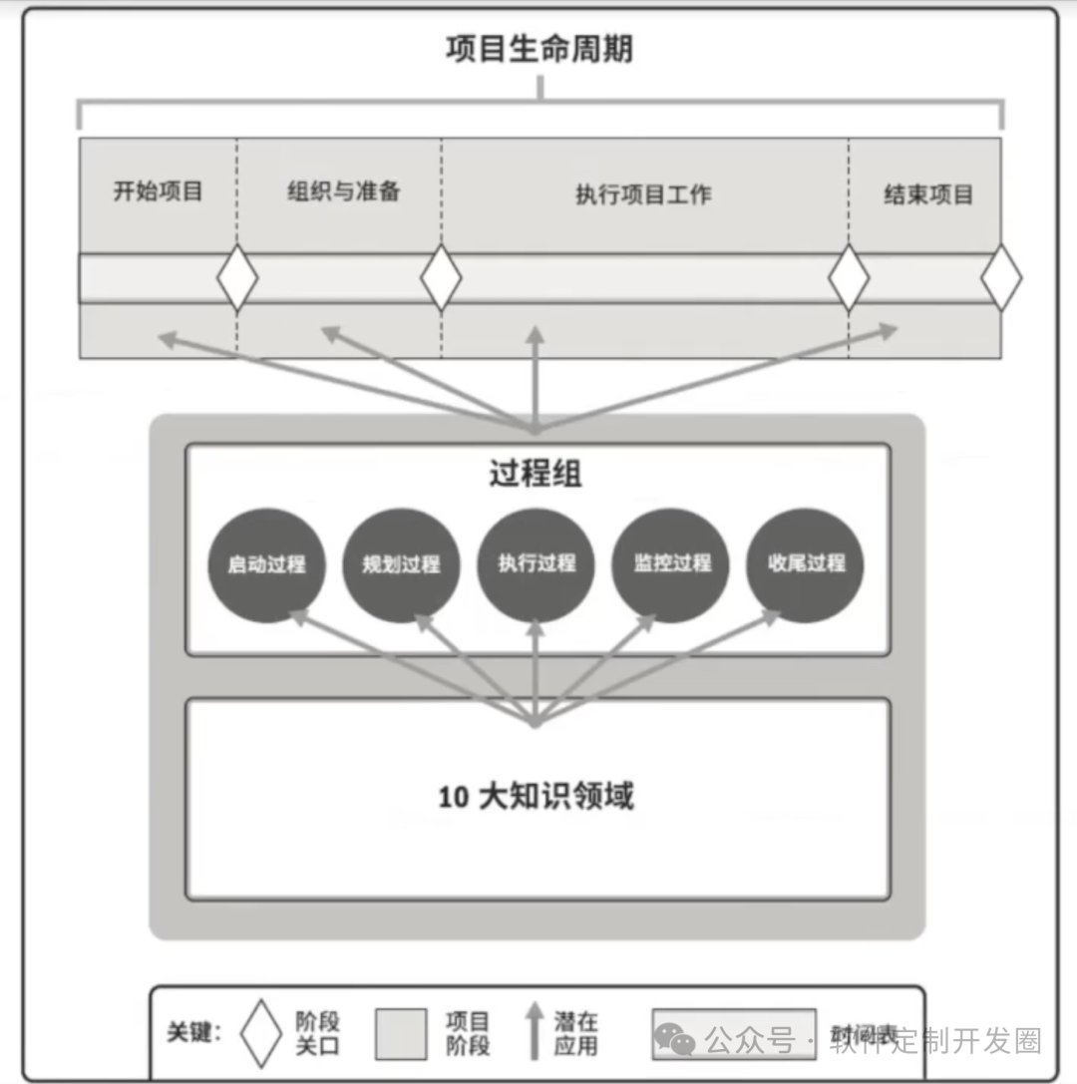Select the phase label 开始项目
[x=158, y=191]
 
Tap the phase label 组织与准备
[x=343, y=191]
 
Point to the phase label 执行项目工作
[x=643, y=193]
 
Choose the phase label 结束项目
[x=927, y=193]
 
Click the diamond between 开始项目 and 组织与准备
[x=237, y=278]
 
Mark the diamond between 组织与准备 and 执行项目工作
[x=441, y=278]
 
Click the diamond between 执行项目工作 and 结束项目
[x=849, y=278]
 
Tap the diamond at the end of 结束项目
[x=1001, y=278]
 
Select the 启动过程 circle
[x=266, y=565]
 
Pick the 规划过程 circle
[x=401, y=565]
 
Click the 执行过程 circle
[x=537, y=564]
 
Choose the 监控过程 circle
[x=671, y=564]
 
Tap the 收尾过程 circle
[x=806, y=564]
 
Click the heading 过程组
[x=536, y=475]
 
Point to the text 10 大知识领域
[x=536, y=797]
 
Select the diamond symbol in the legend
[x=261, y=1033]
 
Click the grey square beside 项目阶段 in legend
[x=401, y=1033]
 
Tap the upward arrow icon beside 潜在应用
[x=536, y=1033]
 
